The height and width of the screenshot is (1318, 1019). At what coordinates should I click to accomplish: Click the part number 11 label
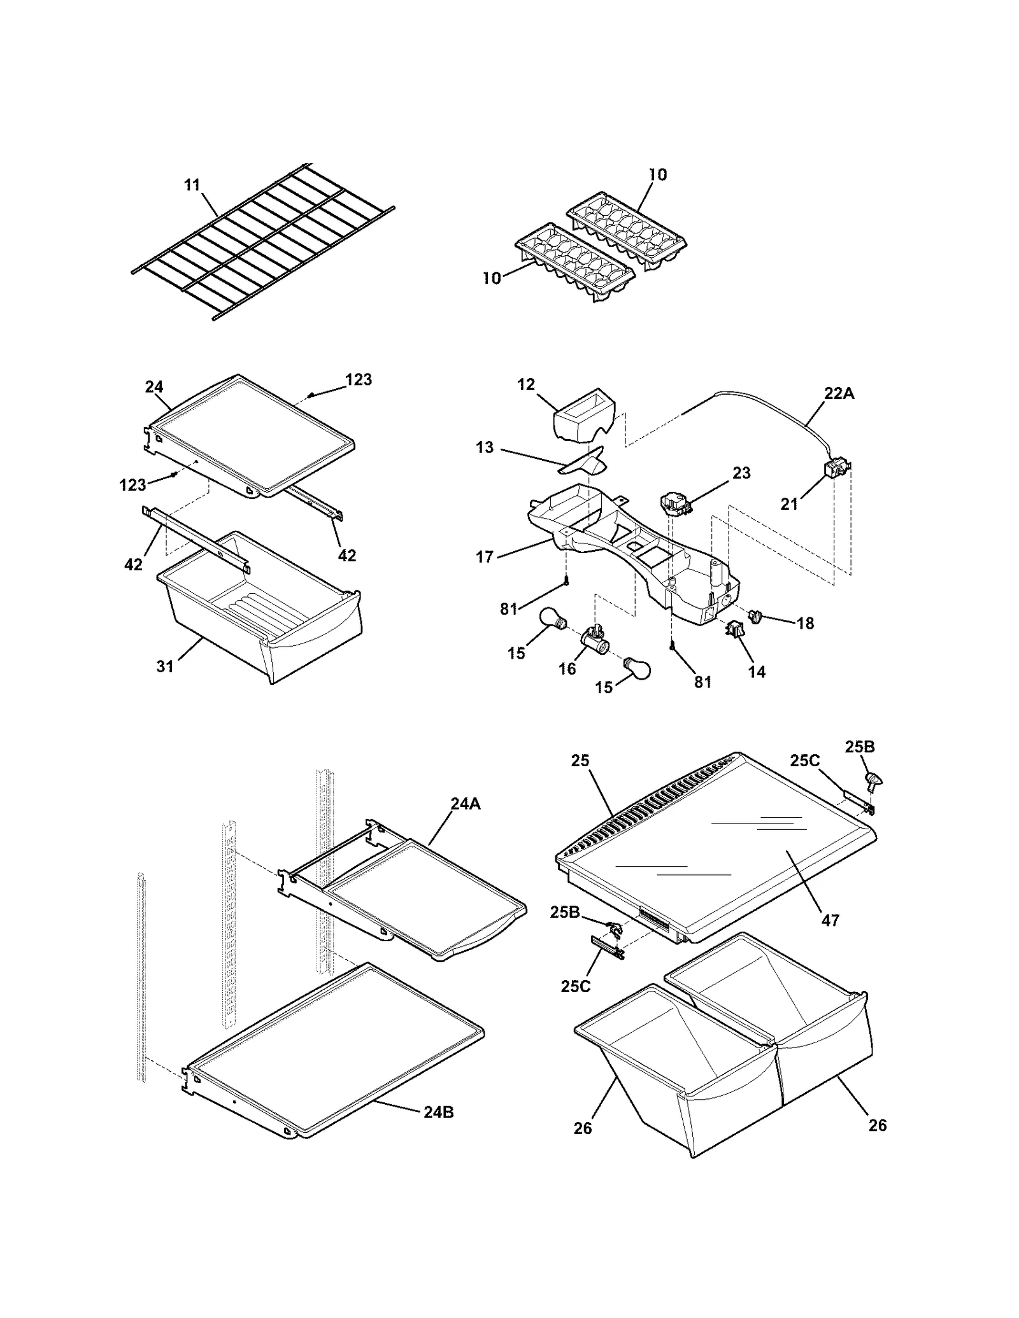(192, 185)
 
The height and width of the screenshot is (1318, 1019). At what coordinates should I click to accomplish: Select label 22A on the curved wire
(839, 394)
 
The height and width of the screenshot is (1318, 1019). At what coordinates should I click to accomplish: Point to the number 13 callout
(485, 447)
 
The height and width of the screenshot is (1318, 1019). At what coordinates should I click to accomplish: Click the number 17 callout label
(485, 557)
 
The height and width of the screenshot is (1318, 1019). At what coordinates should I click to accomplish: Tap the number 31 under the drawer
(165, 666)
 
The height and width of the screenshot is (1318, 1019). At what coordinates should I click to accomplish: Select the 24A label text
(466, 804)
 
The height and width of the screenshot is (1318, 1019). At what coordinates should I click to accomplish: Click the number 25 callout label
(580, 761)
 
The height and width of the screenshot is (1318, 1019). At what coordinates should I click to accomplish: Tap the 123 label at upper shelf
(358, 380)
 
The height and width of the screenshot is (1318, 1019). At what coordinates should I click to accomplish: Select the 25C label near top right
(804, 761)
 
